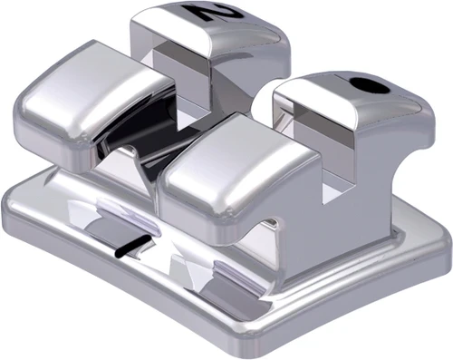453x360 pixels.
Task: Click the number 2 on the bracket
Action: coord(204,13)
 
